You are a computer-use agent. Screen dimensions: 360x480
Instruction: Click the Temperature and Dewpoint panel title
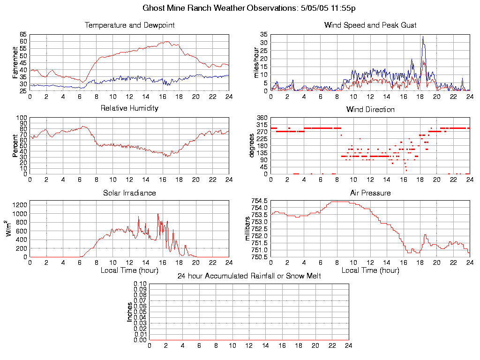129,25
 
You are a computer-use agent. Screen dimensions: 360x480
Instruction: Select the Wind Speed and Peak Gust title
370,25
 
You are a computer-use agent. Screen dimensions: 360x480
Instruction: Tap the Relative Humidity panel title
129,108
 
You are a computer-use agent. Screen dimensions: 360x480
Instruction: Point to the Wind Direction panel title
370,110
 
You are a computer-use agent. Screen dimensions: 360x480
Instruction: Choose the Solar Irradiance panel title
129,193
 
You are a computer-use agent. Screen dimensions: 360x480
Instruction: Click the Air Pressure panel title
370,193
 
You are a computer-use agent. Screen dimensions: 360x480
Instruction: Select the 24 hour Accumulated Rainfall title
249,276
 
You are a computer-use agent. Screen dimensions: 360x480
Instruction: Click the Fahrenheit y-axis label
15,63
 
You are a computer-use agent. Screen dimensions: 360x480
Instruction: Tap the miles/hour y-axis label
256,63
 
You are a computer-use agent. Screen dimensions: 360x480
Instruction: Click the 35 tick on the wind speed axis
263,35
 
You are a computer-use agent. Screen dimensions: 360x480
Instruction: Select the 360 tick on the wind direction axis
262,118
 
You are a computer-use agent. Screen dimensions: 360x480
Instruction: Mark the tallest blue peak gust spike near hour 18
422,37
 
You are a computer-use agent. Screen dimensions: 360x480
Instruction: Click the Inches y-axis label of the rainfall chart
130,312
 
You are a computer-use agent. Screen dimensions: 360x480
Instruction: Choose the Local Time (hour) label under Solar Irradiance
129,270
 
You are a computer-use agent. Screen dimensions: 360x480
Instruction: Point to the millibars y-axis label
248,229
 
